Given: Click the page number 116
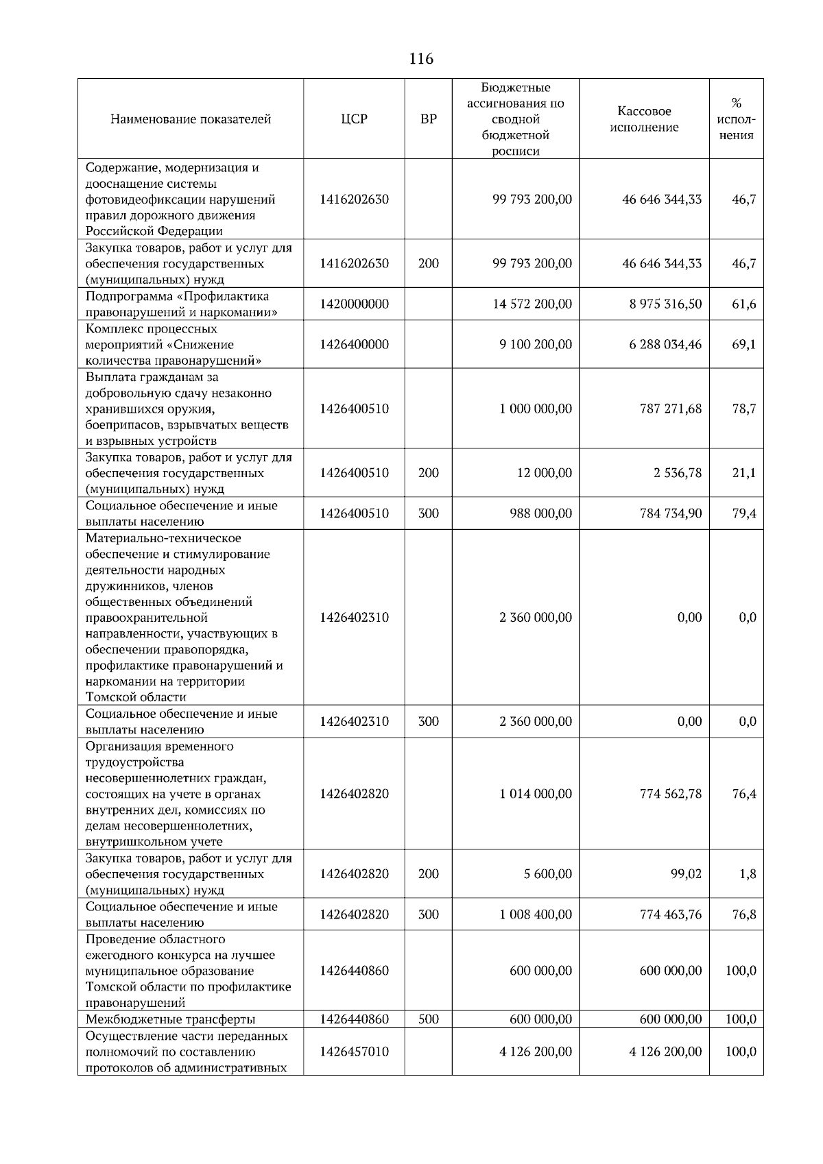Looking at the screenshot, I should pos(420,59).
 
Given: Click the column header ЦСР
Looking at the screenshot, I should pos(354,119).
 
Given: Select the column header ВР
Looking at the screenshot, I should pos(428,119).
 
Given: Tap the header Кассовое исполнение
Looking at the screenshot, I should pos(644,119).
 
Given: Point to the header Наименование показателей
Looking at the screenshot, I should pos(191,119).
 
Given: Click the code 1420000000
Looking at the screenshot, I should pos(354,304).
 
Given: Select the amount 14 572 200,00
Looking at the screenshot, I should pos(532,304).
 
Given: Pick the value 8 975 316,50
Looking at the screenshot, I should pos(665,304).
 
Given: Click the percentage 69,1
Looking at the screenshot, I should pos(743,345).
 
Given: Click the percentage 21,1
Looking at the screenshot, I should pos(743,473).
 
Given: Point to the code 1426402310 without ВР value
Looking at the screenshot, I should pos(354,618).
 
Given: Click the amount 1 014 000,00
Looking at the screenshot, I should pos(535,795).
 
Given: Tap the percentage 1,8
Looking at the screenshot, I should pos(748,875).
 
